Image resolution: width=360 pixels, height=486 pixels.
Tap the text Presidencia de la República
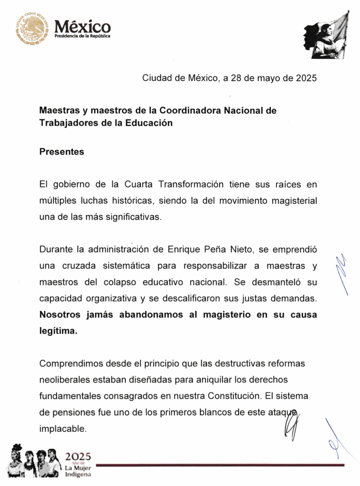[83, 37]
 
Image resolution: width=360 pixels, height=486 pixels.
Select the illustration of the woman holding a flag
[326, 36]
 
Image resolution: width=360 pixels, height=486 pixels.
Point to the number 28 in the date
[236, 78]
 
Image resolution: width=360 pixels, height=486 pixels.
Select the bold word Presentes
[62, 152]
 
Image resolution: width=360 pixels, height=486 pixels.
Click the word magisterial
[294, 201]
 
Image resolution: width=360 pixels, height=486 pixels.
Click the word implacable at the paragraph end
[63, 428]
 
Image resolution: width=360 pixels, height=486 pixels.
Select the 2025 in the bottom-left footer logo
[78, 457]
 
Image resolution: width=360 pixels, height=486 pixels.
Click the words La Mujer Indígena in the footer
[78, 470]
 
